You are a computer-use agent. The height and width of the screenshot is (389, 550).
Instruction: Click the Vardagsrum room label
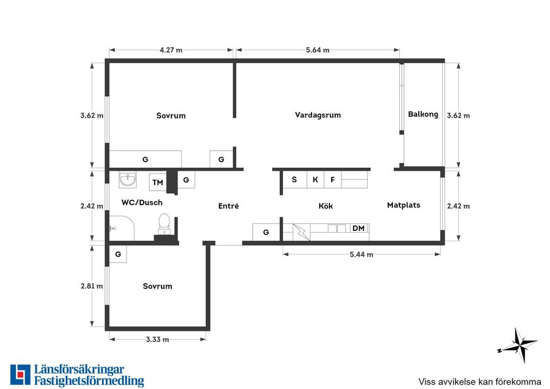click(x=318, y=115)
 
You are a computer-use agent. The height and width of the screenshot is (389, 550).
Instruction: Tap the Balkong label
click(x=423, y=115)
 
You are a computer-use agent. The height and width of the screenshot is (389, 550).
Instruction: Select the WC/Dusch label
click(x=142, y=202)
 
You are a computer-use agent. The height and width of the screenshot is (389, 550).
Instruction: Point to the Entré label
click(x=229, y=206)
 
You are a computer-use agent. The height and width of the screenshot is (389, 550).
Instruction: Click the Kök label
click(x=325, y=206)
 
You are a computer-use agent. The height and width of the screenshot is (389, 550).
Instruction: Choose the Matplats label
click(x=403, y=205)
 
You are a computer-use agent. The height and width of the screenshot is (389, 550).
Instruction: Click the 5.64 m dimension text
click(x=317, y=50)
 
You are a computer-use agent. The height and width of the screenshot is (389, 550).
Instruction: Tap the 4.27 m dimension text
click(x=171, y=50)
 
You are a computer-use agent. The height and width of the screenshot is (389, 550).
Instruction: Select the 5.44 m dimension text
click(x=362, y=255)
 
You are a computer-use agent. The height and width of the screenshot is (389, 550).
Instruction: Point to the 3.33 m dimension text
click(x=158, y=340)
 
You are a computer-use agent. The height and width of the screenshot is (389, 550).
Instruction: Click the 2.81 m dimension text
click(x=92, y=286)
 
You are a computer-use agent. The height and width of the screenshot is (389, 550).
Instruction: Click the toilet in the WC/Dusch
click(x=164, y=224)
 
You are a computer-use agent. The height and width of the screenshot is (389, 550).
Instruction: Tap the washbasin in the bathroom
click(x=127, y=180)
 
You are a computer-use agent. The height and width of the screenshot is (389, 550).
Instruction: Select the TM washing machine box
click(x=158, y=182)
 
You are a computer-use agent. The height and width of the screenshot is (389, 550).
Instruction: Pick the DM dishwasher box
click(x=359, y=229)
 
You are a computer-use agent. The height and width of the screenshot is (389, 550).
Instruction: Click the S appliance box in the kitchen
click(x=294, y=179)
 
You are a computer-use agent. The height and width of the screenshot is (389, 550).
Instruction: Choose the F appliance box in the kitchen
click(x=332, y=179)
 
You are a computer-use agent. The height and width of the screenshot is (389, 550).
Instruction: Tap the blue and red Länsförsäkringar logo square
click(x=21, y=375)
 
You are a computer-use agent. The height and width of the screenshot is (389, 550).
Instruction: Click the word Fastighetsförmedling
click(x=89, y=381)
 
